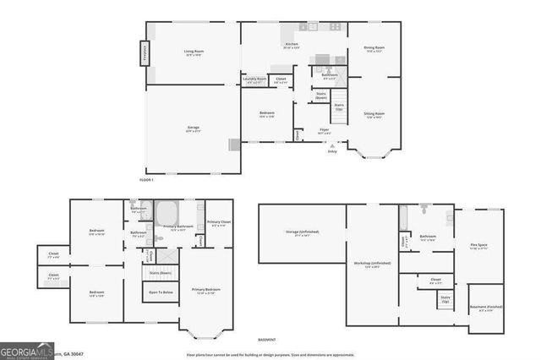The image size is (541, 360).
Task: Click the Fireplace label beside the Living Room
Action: coord(144,57)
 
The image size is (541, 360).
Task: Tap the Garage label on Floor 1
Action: coord(194,129)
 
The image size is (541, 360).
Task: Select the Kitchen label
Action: coord(292,45)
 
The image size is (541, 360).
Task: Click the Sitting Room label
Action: coord(374,114)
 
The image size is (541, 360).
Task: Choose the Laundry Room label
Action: coord(255,80)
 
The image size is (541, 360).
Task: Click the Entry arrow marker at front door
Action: coord(331,149)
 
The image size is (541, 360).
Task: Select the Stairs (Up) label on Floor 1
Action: coord(339,107)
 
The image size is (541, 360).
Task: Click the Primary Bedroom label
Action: coord(205,292)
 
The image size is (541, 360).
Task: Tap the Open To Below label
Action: coord(161,292)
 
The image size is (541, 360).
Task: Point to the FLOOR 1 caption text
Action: coord(147,179)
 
